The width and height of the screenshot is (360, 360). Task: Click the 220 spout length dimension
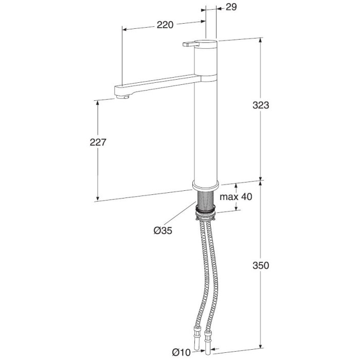165,25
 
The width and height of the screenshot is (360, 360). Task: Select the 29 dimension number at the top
231,7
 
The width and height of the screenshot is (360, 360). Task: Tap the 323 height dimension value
261,105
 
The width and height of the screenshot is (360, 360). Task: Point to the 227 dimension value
98,142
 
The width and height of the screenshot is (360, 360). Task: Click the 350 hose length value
261,265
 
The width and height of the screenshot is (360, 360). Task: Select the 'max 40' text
236,196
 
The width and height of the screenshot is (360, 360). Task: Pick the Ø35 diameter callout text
163,230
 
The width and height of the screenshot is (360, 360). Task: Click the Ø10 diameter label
182,352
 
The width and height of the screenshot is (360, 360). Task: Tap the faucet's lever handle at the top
189,44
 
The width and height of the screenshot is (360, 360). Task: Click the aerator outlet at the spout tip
122,97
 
